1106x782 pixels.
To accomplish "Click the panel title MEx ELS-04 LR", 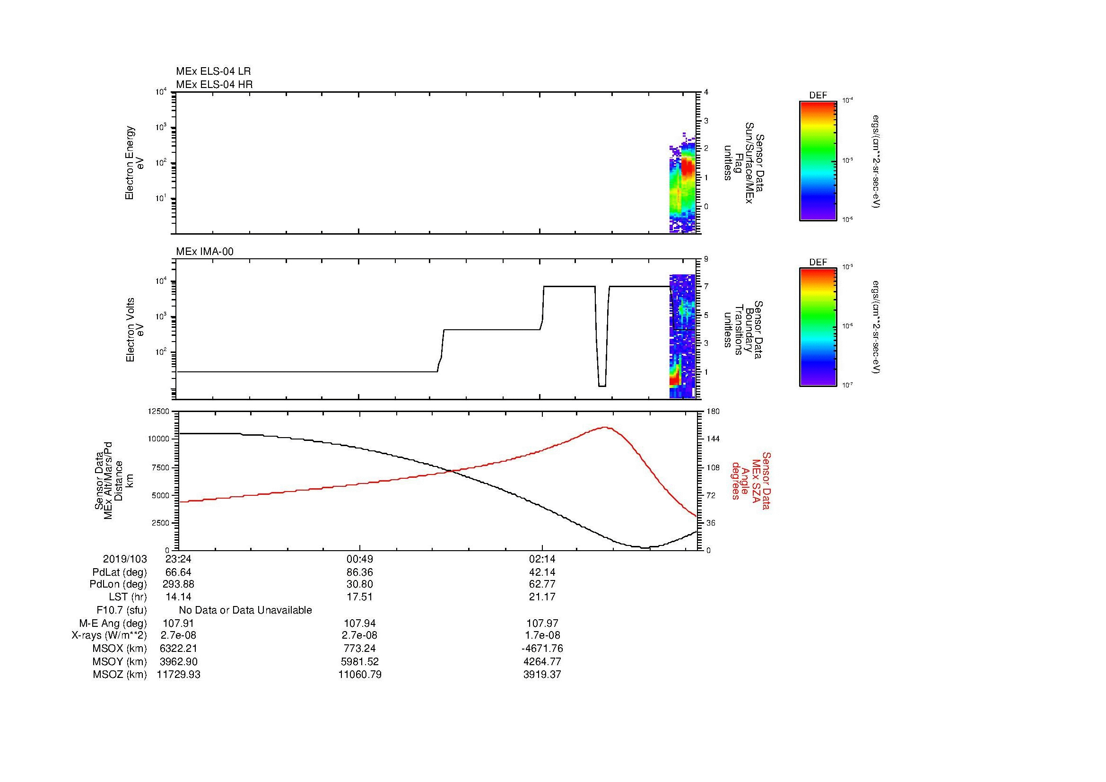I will click(x=213, y=71).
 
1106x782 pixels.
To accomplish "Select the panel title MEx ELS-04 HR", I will click(x=214, y=84).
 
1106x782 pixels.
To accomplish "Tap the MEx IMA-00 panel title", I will click(x=204, y=252).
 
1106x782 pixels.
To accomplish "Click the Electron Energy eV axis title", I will click(x=134, y=163).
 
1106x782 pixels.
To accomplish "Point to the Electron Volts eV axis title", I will click(x=135, y=330).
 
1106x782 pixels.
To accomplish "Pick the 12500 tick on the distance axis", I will click(x=158, y=411).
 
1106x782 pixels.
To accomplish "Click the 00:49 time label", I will click(x=360, y=559).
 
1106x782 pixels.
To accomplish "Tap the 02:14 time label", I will click(x=542, y=559).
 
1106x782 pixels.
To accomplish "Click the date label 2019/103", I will click(x=125, y=559).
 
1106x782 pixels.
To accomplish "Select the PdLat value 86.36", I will click(x=360, y=572).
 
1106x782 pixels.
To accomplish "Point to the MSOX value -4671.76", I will click(x=542, y=649).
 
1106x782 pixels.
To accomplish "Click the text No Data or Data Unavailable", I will click(x=245, y=610).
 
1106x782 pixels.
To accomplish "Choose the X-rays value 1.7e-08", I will click(x=542, y=635).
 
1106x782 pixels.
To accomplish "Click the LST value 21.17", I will click(x=542, y=597).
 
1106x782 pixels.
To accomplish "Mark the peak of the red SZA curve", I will click(x=605, y=427).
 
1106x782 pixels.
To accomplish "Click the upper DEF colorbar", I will click(x=818, y=160).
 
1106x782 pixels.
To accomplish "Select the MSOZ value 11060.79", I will click(x=360, y=675).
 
